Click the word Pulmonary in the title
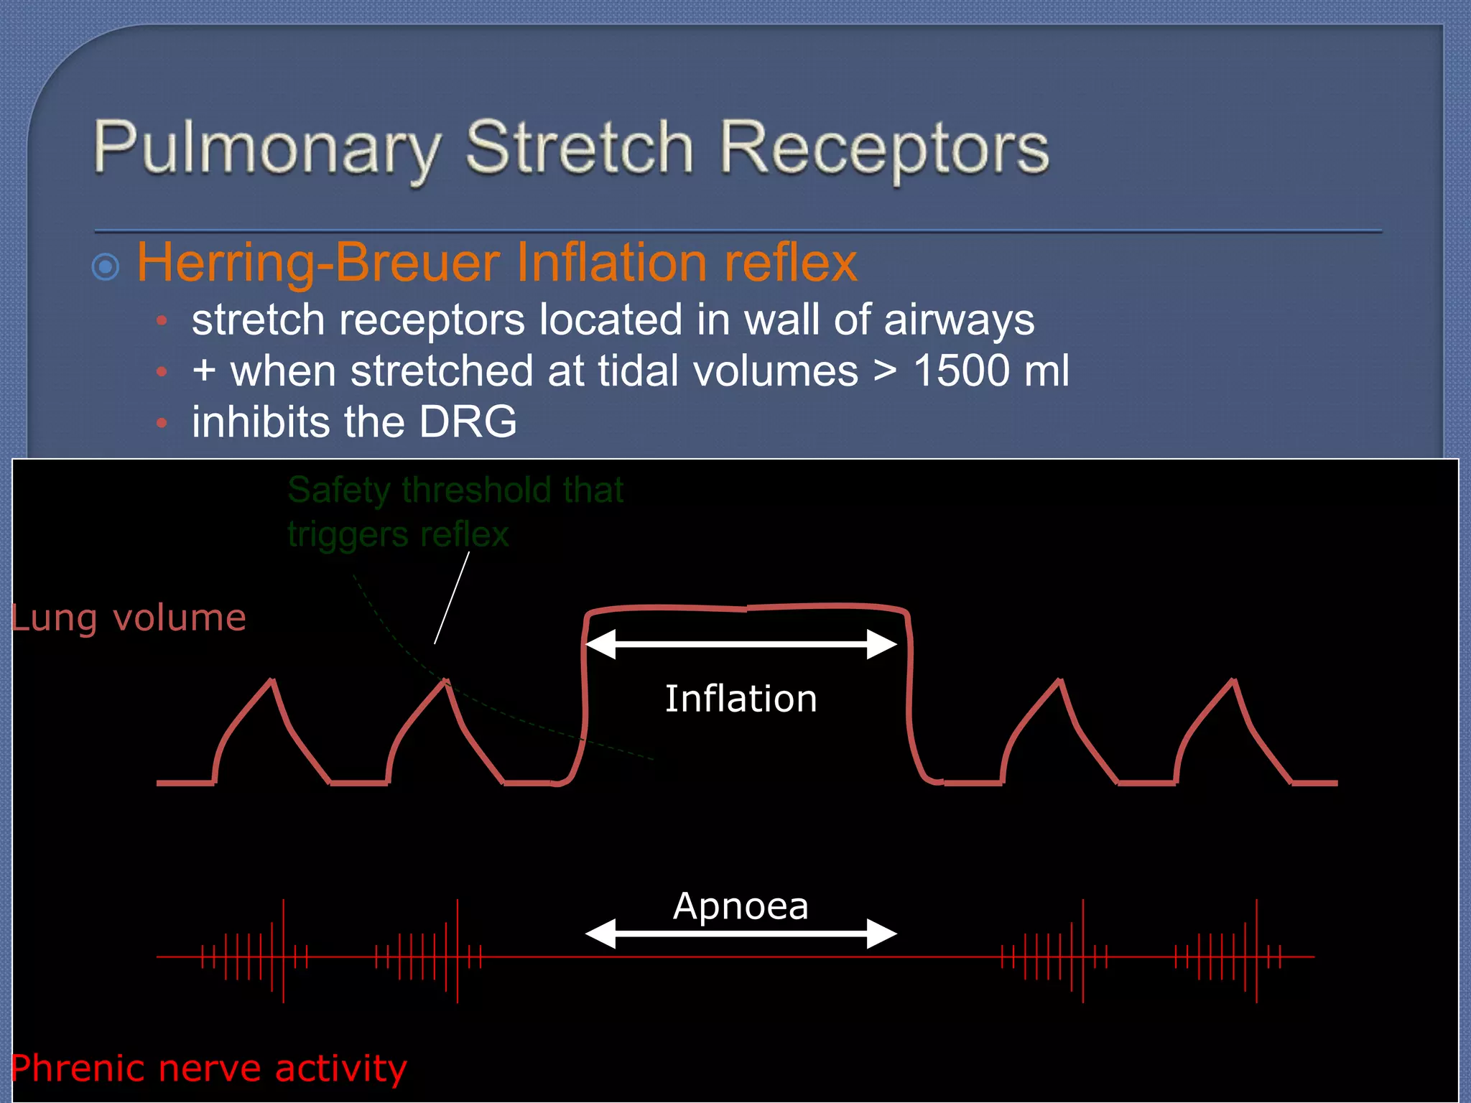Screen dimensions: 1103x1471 266,149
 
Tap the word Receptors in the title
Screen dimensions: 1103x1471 883,149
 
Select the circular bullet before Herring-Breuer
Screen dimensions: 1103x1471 106,267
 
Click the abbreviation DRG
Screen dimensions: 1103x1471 468,422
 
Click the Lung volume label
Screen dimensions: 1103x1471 129,618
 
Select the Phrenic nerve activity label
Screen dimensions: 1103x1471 209,1068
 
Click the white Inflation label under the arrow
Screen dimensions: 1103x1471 741,699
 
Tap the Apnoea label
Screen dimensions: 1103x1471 741,906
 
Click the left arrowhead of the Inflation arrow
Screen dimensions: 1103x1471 600,644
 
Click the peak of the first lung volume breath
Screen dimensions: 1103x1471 272,680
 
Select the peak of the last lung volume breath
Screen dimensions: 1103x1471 1233,680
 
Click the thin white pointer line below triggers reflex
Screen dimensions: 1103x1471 452,597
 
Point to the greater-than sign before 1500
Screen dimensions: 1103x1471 885,372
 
